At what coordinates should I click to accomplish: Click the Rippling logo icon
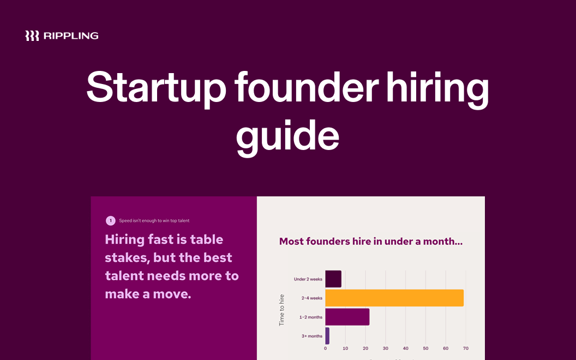point(32,36)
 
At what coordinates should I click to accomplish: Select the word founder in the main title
point(305,87)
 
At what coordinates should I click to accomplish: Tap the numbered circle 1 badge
point(111,221)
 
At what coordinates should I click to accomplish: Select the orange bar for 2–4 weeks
point(394,298)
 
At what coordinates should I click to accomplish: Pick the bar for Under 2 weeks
point(333,279)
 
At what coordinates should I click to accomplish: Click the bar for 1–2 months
point(347,317)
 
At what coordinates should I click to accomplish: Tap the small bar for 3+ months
point(327,336)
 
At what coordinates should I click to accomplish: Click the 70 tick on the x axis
point(465,349)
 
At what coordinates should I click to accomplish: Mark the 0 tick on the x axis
point(326,349)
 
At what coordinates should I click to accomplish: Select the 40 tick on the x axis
point(405,349)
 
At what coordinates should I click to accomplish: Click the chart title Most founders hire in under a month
point(371,241)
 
